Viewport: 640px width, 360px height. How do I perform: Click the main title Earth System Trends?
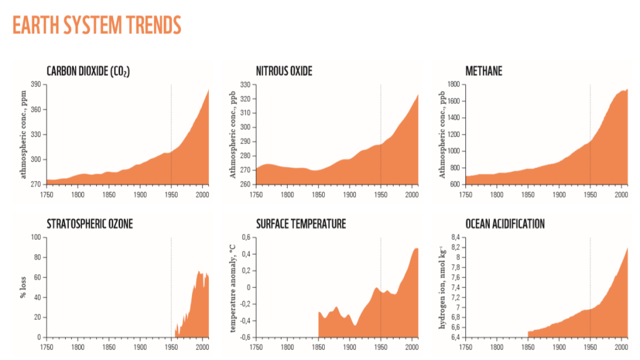tap(97, 25)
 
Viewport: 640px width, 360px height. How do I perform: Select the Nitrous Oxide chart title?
tap(284, 71)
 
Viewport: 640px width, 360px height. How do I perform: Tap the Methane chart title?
tap(484, 71)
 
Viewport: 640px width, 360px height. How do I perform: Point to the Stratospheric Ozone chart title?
tap(89, 224)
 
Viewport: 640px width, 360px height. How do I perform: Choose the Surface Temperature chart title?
tap(301, 224)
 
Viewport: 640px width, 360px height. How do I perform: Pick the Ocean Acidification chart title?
tap(505, 224)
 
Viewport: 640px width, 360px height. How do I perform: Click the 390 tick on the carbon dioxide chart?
tap(35, 85)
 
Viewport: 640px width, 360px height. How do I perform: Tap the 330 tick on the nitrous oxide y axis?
tap(245, 85)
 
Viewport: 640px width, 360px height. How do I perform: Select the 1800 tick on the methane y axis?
tap(453, 85)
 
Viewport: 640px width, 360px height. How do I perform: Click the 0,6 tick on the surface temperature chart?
tap(245, 237)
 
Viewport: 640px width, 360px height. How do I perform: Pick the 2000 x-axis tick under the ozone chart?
tap(201, 346)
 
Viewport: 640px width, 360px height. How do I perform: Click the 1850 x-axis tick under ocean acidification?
tap(528, 346)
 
